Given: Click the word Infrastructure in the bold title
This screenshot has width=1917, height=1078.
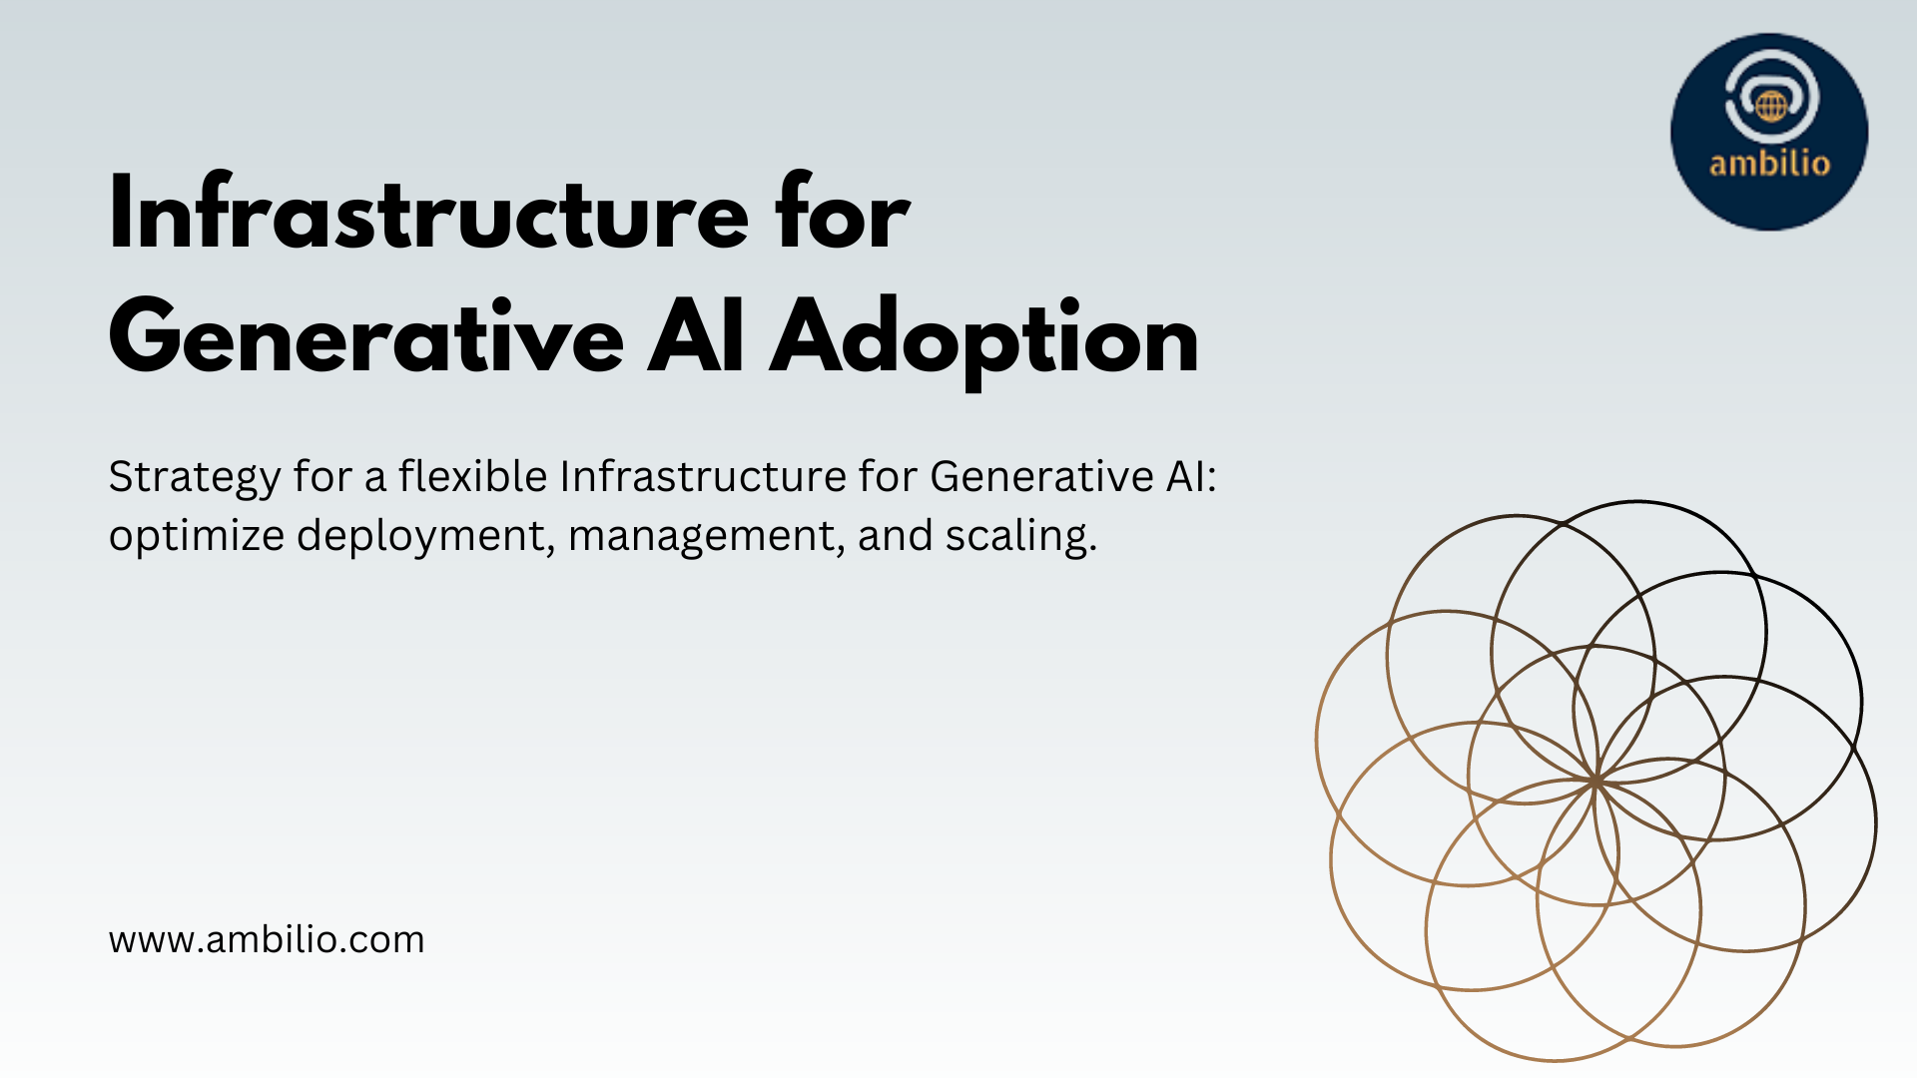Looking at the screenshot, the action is [x=428, y=213].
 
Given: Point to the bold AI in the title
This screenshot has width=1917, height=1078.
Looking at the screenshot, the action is [x=696, y=336].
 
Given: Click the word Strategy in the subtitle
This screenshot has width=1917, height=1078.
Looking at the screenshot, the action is [x=194, y=478].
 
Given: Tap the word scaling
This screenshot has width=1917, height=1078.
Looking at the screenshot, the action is [x=1021, y=537].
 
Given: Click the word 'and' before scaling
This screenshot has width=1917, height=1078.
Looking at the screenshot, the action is [x=894, y=535].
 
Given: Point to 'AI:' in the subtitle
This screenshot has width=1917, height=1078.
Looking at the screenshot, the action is [x=1192, y=476].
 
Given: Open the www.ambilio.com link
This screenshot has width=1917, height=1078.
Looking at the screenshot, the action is [x=267, y=940].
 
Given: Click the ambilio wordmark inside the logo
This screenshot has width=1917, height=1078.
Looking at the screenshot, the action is [x=1769, y=163].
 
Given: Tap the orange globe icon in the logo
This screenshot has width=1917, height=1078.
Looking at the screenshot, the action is [x=1772, y=106].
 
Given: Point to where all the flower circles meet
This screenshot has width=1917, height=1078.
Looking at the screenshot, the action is [x=1597, y=781].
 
